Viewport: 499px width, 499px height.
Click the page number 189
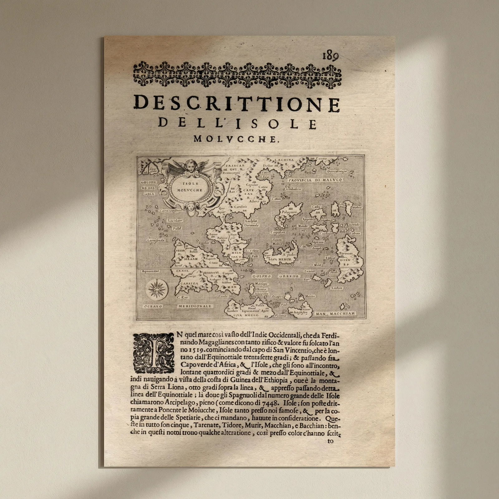[x=330, y=56]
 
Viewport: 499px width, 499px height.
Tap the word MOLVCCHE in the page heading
[x=235, y=139]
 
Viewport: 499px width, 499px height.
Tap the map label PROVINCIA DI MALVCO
[x=315, y=180]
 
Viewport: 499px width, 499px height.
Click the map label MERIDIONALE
[x=195, y=306]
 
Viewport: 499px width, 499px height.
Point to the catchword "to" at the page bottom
[x=330, y=441]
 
